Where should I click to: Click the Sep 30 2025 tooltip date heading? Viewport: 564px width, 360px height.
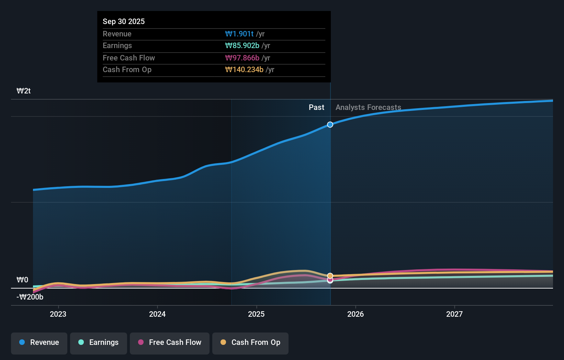[x=124, y=21]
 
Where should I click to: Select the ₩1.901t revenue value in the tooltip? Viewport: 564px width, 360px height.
[x=239, y=34]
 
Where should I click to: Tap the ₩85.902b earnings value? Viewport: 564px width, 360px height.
[x=242, y=45]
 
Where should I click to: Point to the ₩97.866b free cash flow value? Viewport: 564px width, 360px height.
[x=242, y=58]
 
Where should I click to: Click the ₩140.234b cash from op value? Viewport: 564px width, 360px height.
[x=244, y=69]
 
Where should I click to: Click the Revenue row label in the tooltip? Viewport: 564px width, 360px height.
[x=117, y=34]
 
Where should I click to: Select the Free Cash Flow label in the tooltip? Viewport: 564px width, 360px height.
[x=128, y=58]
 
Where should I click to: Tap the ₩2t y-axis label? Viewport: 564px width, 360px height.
[x=24, y=91]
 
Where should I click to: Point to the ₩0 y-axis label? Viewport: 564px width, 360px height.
[x=22, y=280]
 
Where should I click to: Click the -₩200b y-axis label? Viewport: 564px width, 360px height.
[x=30, y=297]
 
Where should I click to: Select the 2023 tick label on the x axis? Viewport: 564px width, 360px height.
[x=58, y=314]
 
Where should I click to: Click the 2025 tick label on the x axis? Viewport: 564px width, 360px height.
[x=256, y=314]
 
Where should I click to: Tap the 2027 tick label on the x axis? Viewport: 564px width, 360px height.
[x=454, y=314]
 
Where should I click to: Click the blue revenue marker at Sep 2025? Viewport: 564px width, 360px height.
[x=330, y=125]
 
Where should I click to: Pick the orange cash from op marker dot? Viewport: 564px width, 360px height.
[x=330, y=275]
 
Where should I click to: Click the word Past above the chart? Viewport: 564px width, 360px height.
[x=316, y=107]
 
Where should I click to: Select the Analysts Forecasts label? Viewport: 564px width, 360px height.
[x=368, y=107]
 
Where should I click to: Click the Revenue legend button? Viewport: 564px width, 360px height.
[x=39, y=342]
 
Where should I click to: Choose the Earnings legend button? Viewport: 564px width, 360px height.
[x=99, y=342]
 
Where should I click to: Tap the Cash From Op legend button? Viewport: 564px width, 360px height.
[x=250, y=342]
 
